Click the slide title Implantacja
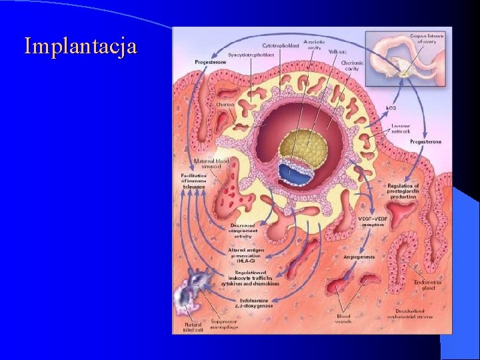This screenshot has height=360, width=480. click(x=81, y=47)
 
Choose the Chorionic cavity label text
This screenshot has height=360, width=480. click(x=352, y=65)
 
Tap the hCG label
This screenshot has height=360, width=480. click(x=392, y=107)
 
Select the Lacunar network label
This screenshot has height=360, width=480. click(x=401, y=128)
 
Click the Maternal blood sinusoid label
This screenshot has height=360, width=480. click(x=212, y=164)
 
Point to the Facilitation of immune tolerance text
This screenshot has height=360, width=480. click(x=193, y=180)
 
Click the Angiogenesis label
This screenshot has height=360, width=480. click(x=359, y=256)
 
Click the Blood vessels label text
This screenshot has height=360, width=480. click(x=343, y=319)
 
